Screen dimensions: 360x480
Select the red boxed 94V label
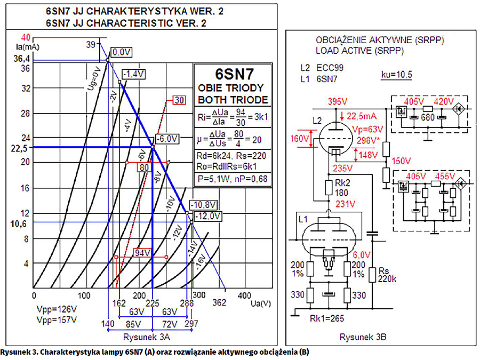pyautogui.click(x=141, y=252)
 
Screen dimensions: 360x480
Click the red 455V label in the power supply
pyautogui.click(x=445, y=176)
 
